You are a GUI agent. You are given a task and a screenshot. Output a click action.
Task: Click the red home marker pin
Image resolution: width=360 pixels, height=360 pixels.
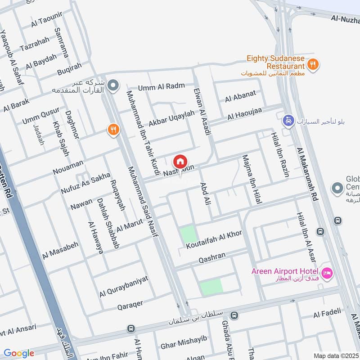click(180, 161)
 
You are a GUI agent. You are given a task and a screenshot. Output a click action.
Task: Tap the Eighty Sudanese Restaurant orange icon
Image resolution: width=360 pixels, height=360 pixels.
click(314, 64)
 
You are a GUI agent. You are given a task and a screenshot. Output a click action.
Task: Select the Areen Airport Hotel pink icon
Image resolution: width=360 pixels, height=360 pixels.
click(327, 272)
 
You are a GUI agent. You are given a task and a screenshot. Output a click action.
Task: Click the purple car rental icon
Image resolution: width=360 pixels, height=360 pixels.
click(287, 121)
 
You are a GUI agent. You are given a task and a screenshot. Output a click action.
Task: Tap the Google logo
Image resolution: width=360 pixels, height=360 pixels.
click(19, 353)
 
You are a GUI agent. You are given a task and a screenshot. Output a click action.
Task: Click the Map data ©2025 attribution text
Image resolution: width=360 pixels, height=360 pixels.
click(336, 355)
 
